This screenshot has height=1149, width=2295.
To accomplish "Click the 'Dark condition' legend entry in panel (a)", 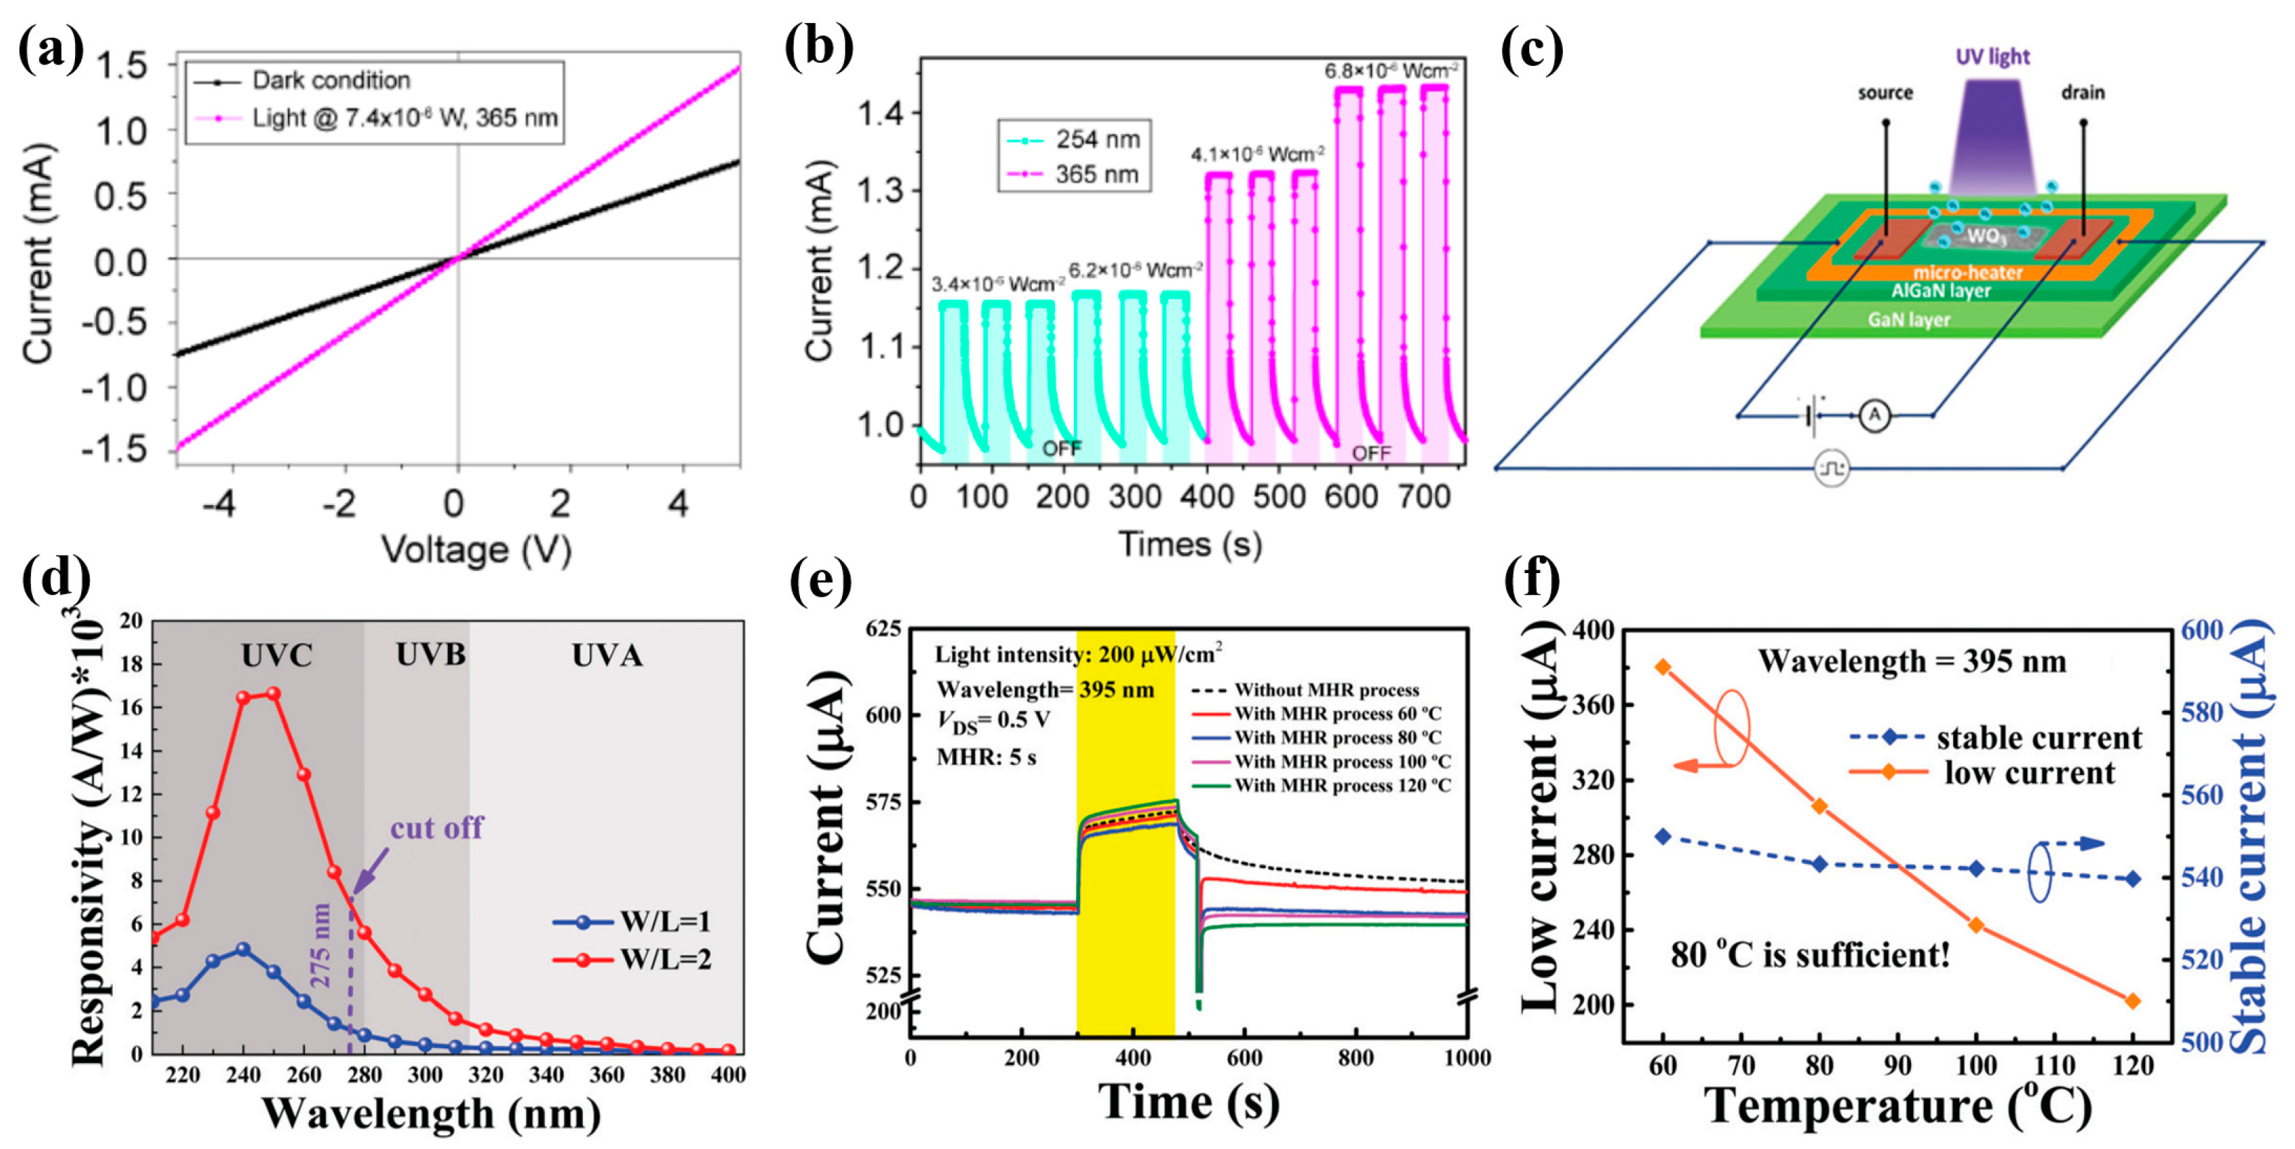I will pyautogui.click(x=330, y=81).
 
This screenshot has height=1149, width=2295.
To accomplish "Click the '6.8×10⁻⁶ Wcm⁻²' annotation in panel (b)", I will pyautogui.click(x=1391, y=70).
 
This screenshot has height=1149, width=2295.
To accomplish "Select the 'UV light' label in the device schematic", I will pyautogui.click(x=1992, y=57).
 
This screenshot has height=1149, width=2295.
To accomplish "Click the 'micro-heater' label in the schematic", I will pyautogui.click(x=1967, y=273).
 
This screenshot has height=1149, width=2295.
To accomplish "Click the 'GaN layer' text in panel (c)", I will pyautogui.click(x=1908, y=319).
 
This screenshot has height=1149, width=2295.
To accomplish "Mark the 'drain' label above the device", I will pyautogui.click(x=2082, y=92).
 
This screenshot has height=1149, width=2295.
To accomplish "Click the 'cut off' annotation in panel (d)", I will pyautogui.click(x=436, y=828).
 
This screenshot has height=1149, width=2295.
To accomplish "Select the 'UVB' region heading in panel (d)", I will pyautogui.click(x=430, y=656).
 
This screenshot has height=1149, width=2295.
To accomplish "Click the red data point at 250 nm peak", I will pyautogui.click(x=273, y=693).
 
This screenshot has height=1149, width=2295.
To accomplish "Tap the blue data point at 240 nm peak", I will pyautogui.click(x=243, y=949).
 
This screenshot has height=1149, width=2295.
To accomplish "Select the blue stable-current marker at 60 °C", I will pyautogui.click(x=1662, y=837).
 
